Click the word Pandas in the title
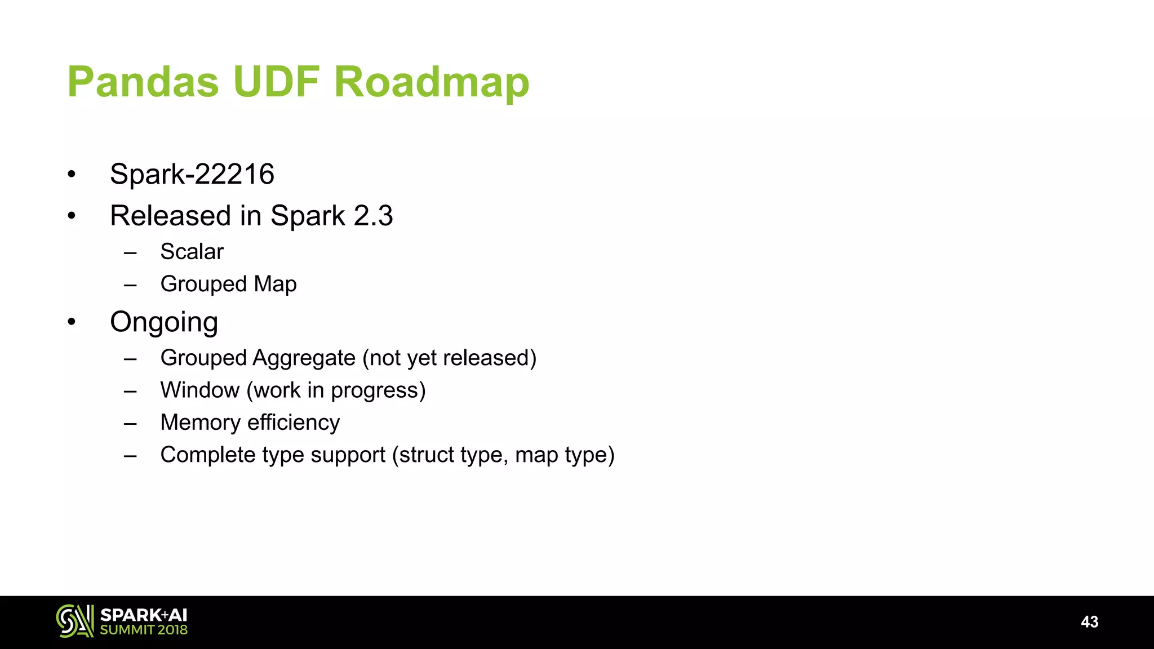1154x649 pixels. tap(143, 82)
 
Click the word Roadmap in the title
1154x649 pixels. tap(432, 82)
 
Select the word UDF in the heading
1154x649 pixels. tap(276, 82)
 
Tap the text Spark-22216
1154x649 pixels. tap(192, 174)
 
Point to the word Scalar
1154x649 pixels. tap(192, 252)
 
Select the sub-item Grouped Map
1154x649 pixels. tap(228, 284)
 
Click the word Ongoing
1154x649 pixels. tap(164, 322)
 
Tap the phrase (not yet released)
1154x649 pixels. tap(450, 358)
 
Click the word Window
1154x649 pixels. tap(200, 390)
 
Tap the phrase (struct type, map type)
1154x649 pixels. tap(503, 455)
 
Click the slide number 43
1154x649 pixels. tap(1089, 622)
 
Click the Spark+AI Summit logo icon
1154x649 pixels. tap(74, 621)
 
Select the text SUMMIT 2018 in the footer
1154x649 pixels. tap(144, 630)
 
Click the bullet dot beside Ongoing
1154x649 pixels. tap(72, 322)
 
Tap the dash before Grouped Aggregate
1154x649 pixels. tap(130, 359)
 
